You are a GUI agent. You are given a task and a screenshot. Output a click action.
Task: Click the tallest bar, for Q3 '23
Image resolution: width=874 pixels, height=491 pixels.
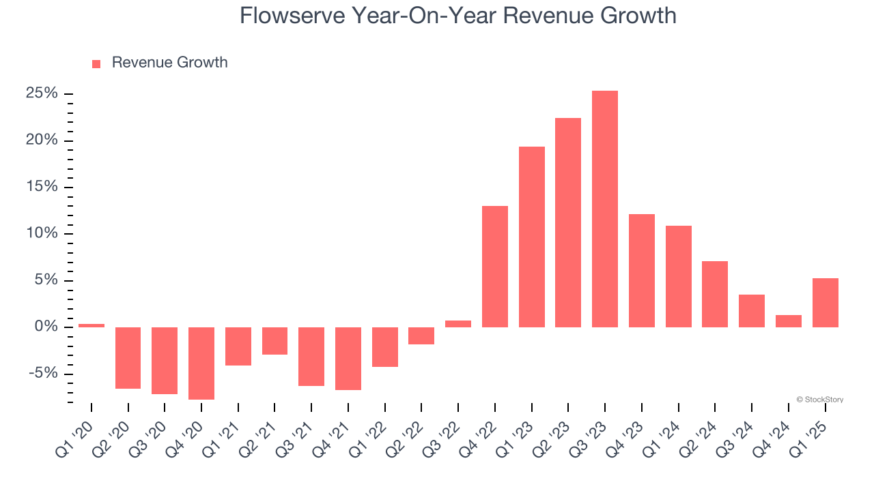tap(605, 209)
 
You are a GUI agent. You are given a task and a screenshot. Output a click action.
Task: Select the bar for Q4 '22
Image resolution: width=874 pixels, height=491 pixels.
tap(495, 266)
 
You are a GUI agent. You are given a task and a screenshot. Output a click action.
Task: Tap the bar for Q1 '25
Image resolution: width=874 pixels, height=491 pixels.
tap(825, 302)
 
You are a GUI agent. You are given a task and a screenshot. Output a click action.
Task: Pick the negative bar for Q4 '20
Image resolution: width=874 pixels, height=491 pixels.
tap(201, 363)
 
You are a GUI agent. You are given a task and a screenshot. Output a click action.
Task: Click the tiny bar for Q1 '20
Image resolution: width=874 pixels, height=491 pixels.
tap(91, 325)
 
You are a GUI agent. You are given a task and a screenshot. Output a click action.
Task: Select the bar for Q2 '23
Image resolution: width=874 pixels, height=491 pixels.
tap(568, 222)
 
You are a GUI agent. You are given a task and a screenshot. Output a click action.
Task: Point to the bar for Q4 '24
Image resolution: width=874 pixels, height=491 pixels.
tap(788, 321)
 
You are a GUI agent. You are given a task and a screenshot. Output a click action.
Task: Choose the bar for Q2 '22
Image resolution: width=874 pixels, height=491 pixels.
tap(421, 336)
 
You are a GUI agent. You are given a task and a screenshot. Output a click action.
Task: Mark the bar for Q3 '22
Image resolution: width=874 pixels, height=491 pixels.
tap(458, 324)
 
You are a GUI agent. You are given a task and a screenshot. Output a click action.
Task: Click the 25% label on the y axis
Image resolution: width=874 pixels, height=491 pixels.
tap(42, 93)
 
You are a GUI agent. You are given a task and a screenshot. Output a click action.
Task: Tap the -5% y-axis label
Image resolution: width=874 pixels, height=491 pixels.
tap(44, 374)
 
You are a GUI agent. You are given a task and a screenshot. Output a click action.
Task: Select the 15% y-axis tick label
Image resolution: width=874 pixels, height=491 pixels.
tap(42, 187)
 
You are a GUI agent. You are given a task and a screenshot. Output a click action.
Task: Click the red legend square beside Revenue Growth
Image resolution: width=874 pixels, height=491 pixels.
tap(96, 63)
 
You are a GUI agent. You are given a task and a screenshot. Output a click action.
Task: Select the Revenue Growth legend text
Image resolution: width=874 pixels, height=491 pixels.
tap(169, 63)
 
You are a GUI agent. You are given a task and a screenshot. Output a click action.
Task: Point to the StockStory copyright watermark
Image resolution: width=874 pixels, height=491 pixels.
tap(819, 400)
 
